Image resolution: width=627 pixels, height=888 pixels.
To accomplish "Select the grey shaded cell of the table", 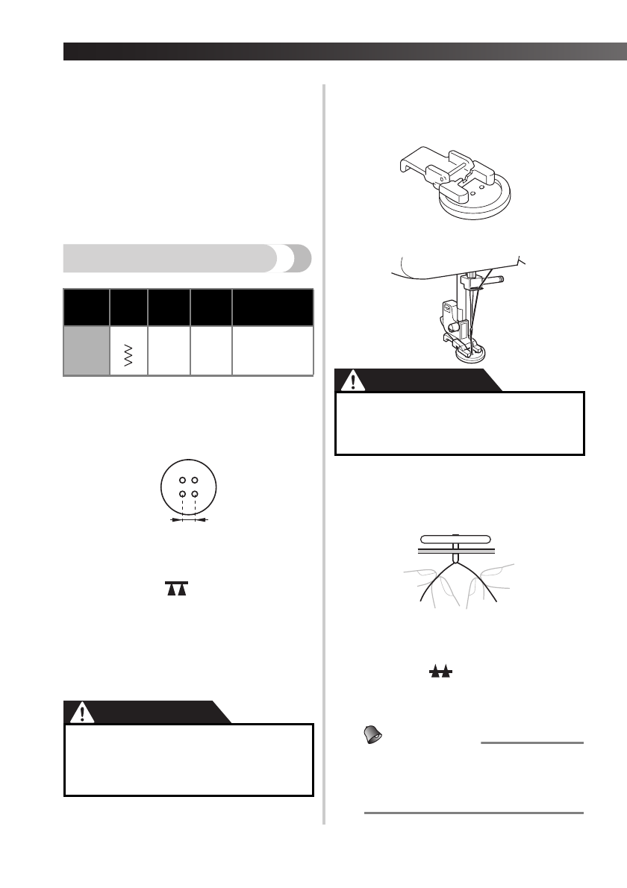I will (x=86, y=351).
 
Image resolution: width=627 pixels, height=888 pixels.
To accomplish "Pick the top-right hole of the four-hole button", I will (x=194, y=479).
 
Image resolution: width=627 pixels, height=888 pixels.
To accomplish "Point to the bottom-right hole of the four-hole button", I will (x=194, y=494).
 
